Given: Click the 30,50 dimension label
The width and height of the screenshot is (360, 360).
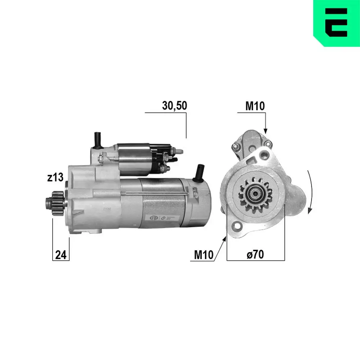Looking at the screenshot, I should [x=175, y=105].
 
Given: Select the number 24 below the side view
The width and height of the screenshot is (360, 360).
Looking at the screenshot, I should [x=61, y=255].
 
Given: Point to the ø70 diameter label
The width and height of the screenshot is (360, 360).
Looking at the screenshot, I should [x=255, y=255].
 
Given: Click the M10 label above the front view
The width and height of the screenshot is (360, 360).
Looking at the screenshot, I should [x=255, y=106].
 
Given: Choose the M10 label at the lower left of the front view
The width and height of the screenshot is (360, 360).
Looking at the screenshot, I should [x=204, y=255].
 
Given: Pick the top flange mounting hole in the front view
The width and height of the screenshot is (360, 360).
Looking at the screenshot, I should [x=265, y=155].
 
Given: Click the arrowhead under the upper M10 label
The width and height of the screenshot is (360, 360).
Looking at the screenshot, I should [x=266, y=131].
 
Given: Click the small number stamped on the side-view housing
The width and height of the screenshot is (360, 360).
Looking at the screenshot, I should [x=107, y=208].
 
